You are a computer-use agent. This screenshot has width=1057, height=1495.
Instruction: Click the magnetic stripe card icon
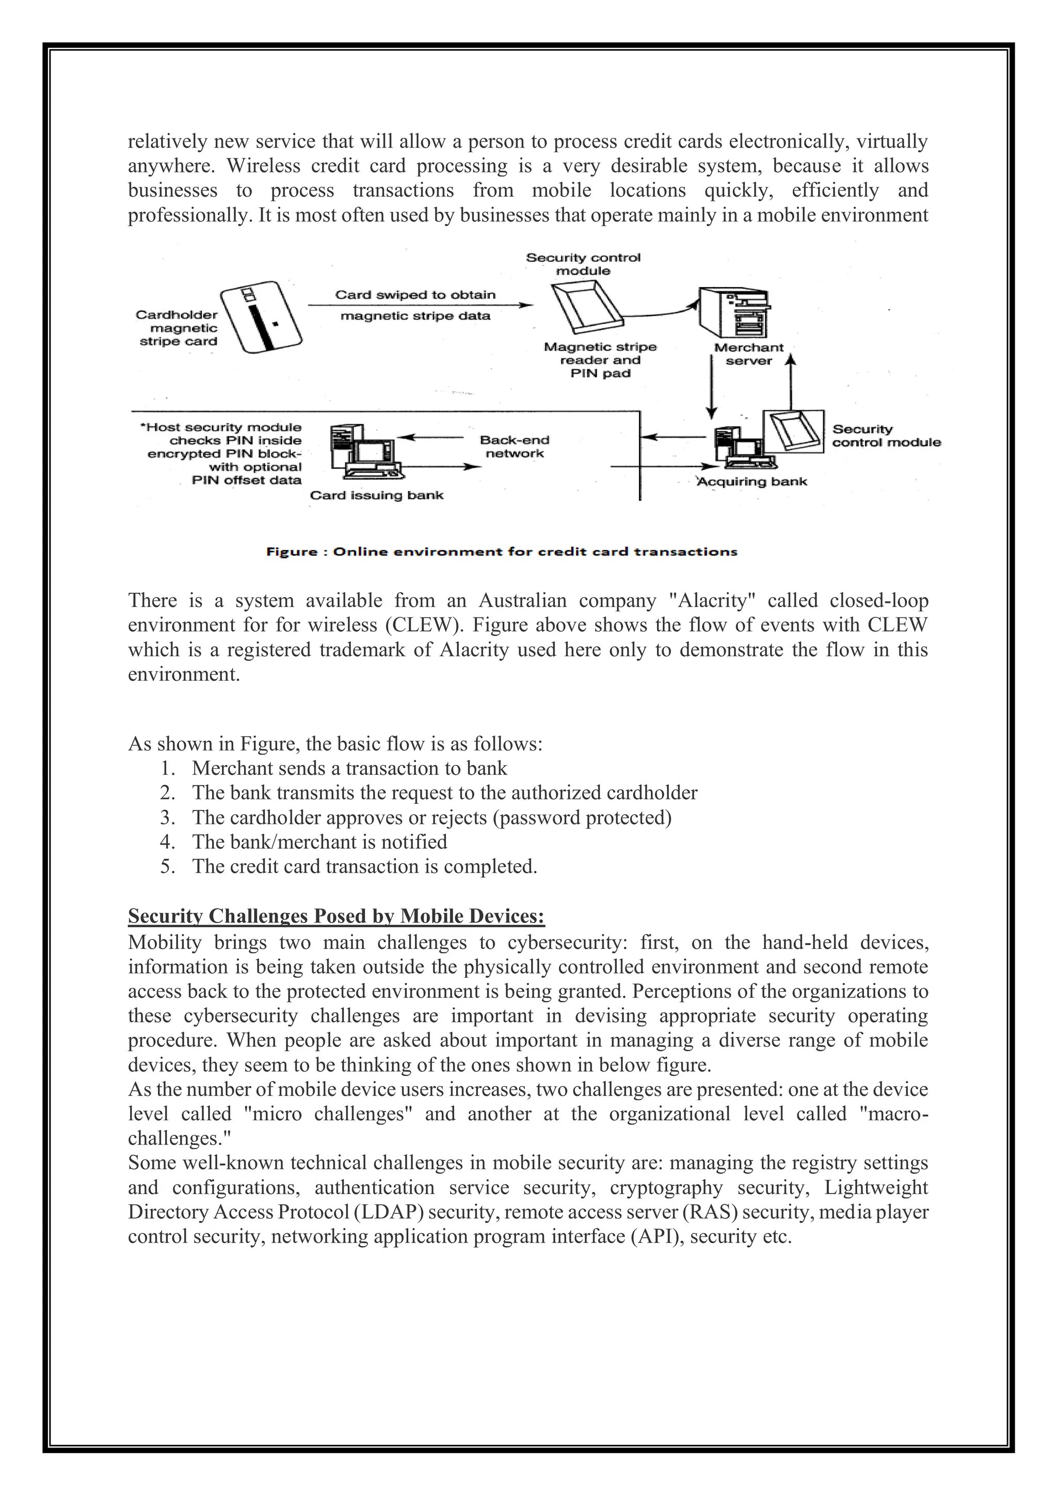(261, 317)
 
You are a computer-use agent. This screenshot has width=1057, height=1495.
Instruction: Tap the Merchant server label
(748, 354)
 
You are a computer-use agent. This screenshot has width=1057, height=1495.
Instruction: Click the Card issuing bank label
(376, 495)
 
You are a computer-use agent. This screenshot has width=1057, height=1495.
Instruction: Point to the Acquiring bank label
(752, 481)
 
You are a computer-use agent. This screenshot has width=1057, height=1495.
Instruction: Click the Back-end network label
(514, 447)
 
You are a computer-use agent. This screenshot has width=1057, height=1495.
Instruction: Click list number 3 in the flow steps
(167, 817)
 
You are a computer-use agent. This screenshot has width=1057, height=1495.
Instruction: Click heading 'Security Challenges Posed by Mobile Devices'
(336, 916)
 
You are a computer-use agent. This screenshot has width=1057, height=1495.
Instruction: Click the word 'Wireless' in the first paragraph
(263, 166)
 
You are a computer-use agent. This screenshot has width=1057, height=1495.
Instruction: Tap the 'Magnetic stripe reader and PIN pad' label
(600, 360)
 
